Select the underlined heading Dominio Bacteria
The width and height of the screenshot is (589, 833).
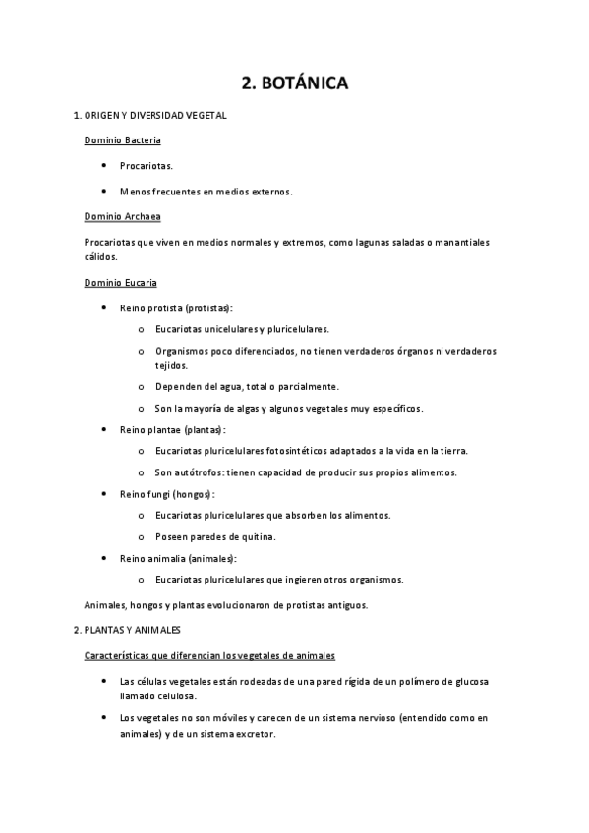pyautogui.click(x=122, y=140)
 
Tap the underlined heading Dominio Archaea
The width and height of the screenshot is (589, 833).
pyautogui.click(x=122, y=215)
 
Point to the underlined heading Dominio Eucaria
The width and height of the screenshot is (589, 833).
pyautogui.click(x=120, y=283)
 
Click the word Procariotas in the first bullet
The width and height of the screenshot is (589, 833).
pyautogui.click(x=146, y=166)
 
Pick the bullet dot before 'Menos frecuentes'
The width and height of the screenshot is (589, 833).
pyautogui.click(x=104, y=191)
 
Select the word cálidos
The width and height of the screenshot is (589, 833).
pyautogui.click(x=100, y=256)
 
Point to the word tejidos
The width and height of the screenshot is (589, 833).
pyautogui.click(x=171, y=364)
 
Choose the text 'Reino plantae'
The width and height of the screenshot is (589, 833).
pyautogui.click(x=151, y=429)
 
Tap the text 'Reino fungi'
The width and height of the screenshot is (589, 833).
pyautogui.click(x=147, y=493)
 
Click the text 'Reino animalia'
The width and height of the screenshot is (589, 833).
pyautogui.click(x=153, y=558)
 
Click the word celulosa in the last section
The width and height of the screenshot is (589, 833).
pyautogui.click(x=177, y=695)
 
